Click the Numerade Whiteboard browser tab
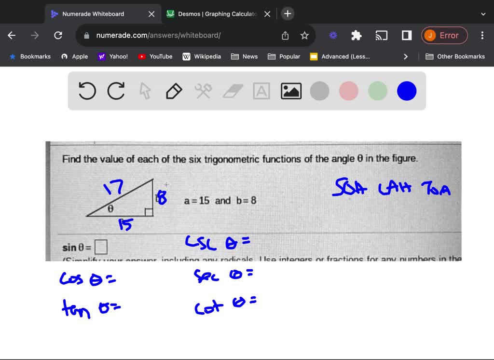click(x=93, y=14)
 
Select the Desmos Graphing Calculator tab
click(x=217, y=14)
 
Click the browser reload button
click(x=58, y=35)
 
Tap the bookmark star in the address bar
click(x=304, y=35)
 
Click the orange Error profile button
click(x=444, y=35)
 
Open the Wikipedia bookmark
click(x=202, y=56)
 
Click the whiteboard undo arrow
click(x=87, y=91)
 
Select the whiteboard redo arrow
click(x=116, y=91)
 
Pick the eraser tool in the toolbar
click(x=233, y=91)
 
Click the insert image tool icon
click(x=291, y=91)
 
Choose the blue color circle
click(x=407, y=91)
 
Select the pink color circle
click(x=349, y=91)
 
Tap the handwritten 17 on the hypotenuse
click(x=114, y=187)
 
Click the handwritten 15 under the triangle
click(x=125, y=224)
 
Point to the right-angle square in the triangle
click(x=149, y=212)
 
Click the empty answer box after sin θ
click(x=101, y=248)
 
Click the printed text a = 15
click(x=197, y=200)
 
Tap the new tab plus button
click(x=288, y=14)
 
